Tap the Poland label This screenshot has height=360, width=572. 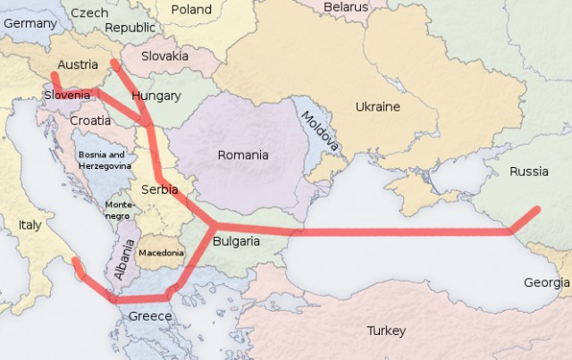(x=191, y=10)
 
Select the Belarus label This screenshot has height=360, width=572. (x=345, y=6)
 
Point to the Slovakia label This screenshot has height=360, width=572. (x=164, y=55)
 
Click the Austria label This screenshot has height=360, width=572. (x=77, y=64)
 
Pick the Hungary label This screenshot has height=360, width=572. (x=156, y=96)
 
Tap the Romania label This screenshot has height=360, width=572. (x=243, y=155)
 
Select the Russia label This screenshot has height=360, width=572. (x=529, y=170)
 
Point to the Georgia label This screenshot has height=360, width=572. (x=545, y=282)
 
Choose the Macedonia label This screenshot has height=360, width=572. (x=161, y=253)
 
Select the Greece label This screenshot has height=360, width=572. (x=150, y=316)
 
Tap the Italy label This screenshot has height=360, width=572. (x=29, y=225)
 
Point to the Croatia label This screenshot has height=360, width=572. (x=89, y=120)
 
